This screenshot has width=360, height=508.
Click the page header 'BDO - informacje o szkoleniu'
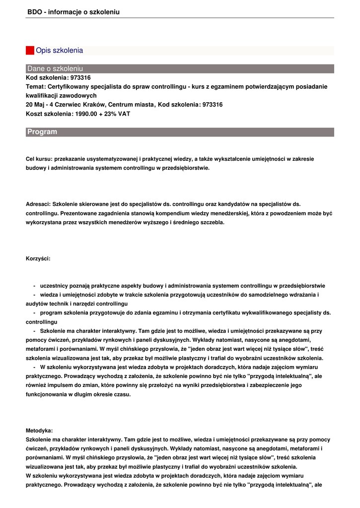[x=73, y=11]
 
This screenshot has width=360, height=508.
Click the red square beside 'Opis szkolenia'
[x=30, y=51]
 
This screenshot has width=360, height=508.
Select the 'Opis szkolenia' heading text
[x=59, y=51]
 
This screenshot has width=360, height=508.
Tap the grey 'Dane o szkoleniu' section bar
[x=180, y=68]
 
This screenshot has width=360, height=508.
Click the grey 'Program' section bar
[x=180, y=132]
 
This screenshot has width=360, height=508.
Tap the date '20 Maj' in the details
[x=35, y=105]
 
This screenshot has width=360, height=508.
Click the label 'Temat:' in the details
[x=36, y=86]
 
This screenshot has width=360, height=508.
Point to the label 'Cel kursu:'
[x=39, y=159]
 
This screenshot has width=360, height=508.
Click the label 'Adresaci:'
[x=38, y=204]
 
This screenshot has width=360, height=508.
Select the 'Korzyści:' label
[x=38, y=258]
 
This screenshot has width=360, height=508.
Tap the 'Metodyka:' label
[x=39, y=431]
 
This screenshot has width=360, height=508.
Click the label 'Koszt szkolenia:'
[x=49, y=114]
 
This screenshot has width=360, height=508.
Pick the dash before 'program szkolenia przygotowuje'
[x=34, y=313]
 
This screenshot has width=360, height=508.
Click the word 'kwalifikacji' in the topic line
[x=43, y=95]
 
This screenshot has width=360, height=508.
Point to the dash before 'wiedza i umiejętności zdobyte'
[x=34, y=295]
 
